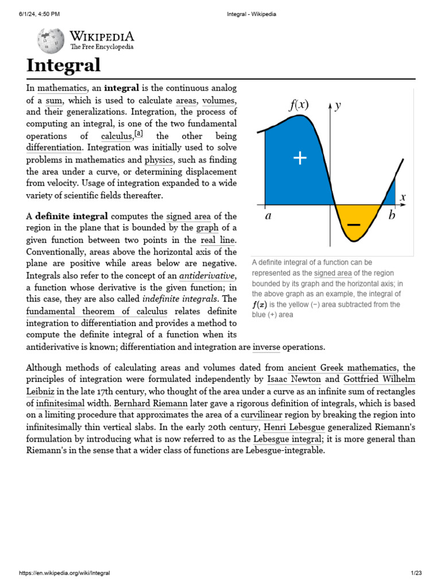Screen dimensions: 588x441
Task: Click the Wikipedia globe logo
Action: [x=51, y=41]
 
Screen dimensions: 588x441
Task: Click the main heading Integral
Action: [x=64, y=65]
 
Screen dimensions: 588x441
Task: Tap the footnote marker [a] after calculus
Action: [x=138, y=134]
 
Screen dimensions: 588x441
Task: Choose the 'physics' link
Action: [x=158, y=160]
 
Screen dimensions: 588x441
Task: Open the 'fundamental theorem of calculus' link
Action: [x=96, y=311]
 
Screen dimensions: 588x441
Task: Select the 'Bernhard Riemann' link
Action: [x=146, y=404]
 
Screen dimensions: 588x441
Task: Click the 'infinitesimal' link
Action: [x=56, y=404]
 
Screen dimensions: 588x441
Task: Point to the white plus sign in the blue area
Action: [x=300, y=158]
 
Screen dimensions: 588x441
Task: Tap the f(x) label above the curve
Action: [x=298, y=105]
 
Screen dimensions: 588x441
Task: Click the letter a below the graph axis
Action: [x=268, y=217]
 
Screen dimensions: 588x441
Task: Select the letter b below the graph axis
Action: [x=392, y=216]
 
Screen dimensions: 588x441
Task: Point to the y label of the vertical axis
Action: [x=338, y=105]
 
